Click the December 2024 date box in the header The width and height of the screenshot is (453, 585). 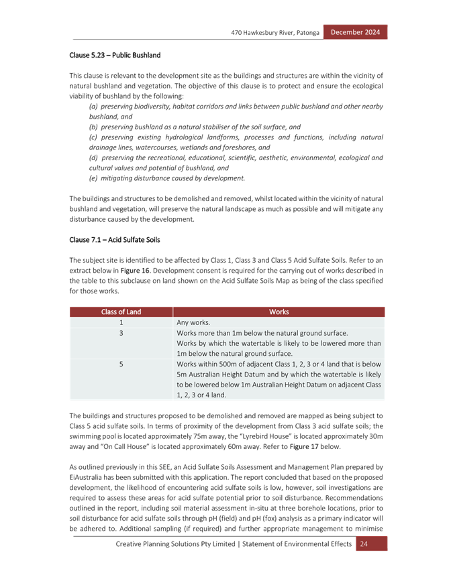[x=355, y=32]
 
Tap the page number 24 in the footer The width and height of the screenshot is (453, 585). [x=363, y=544]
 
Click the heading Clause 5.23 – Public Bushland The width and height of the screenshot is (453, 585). [x=115, y=54]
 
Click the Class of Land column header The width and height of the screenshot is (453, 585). [x=121, y=312]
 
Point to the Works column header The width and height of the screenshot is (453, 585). [x=279, y=312]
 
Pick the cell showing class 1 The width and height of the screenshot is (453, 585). [x=121, y=322]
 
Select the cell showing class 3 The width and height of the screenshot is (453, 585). [x=121, y=333]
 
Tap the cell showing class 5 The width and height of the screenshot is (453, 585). [x=121, y=364]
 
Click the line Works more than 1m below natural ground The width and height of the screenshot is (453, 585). [x=262, y=333]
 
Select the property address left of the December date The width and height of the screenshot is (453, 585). [x=275, y=32]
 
